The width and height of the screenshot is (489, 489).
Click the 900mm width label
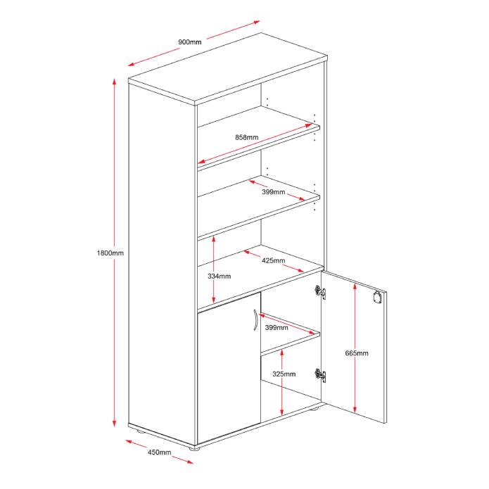click(189, 42)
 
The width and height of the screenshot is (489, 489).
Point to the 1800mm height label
click(111, 253)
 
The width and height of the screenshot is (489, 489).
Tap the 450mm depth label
click(159, 452)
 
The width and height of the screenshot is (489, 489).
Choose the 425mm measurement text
click(273, 261)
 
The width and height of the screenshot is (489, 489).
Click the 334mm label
click(220, 277)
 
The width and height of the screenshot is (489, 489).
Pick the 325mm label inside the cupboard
click(284, 374)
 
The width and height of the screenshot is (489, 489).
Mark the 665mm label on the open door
click(357, 353)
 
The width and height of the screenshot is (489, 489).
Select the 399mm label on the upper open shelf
click(274, 191)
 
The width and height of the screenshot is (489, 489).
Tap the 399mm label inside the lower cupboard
click(277, 327)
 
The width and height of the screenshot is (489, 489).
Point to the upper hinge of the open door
click(320, 291)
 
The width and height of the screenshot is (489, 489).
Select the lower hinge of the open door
click(321, 375)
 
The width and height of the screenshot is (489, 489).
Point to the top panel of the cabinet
click(229, 68)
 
